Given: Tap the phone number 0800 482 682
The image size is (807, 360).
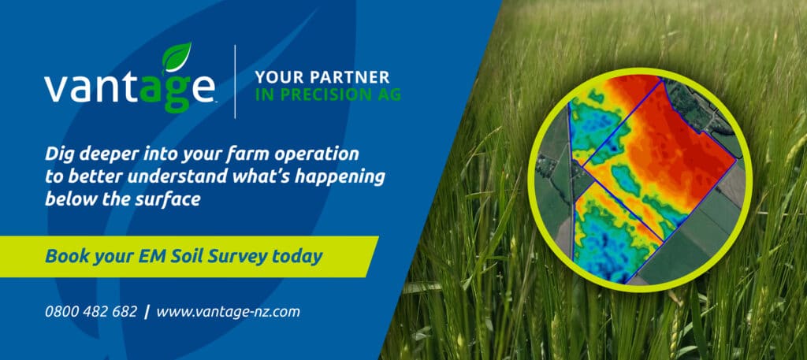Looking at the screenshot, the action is (x=91, y=312).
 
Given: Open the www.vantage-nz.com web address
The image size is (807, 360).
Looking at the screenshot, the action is (x=228, y=312).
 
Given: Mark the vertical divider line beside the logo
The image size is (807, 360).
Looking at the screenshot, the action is (x=235, y=82).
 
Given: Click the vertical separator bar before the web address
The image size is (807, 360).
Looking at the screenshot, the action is (x=147, y=312).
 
